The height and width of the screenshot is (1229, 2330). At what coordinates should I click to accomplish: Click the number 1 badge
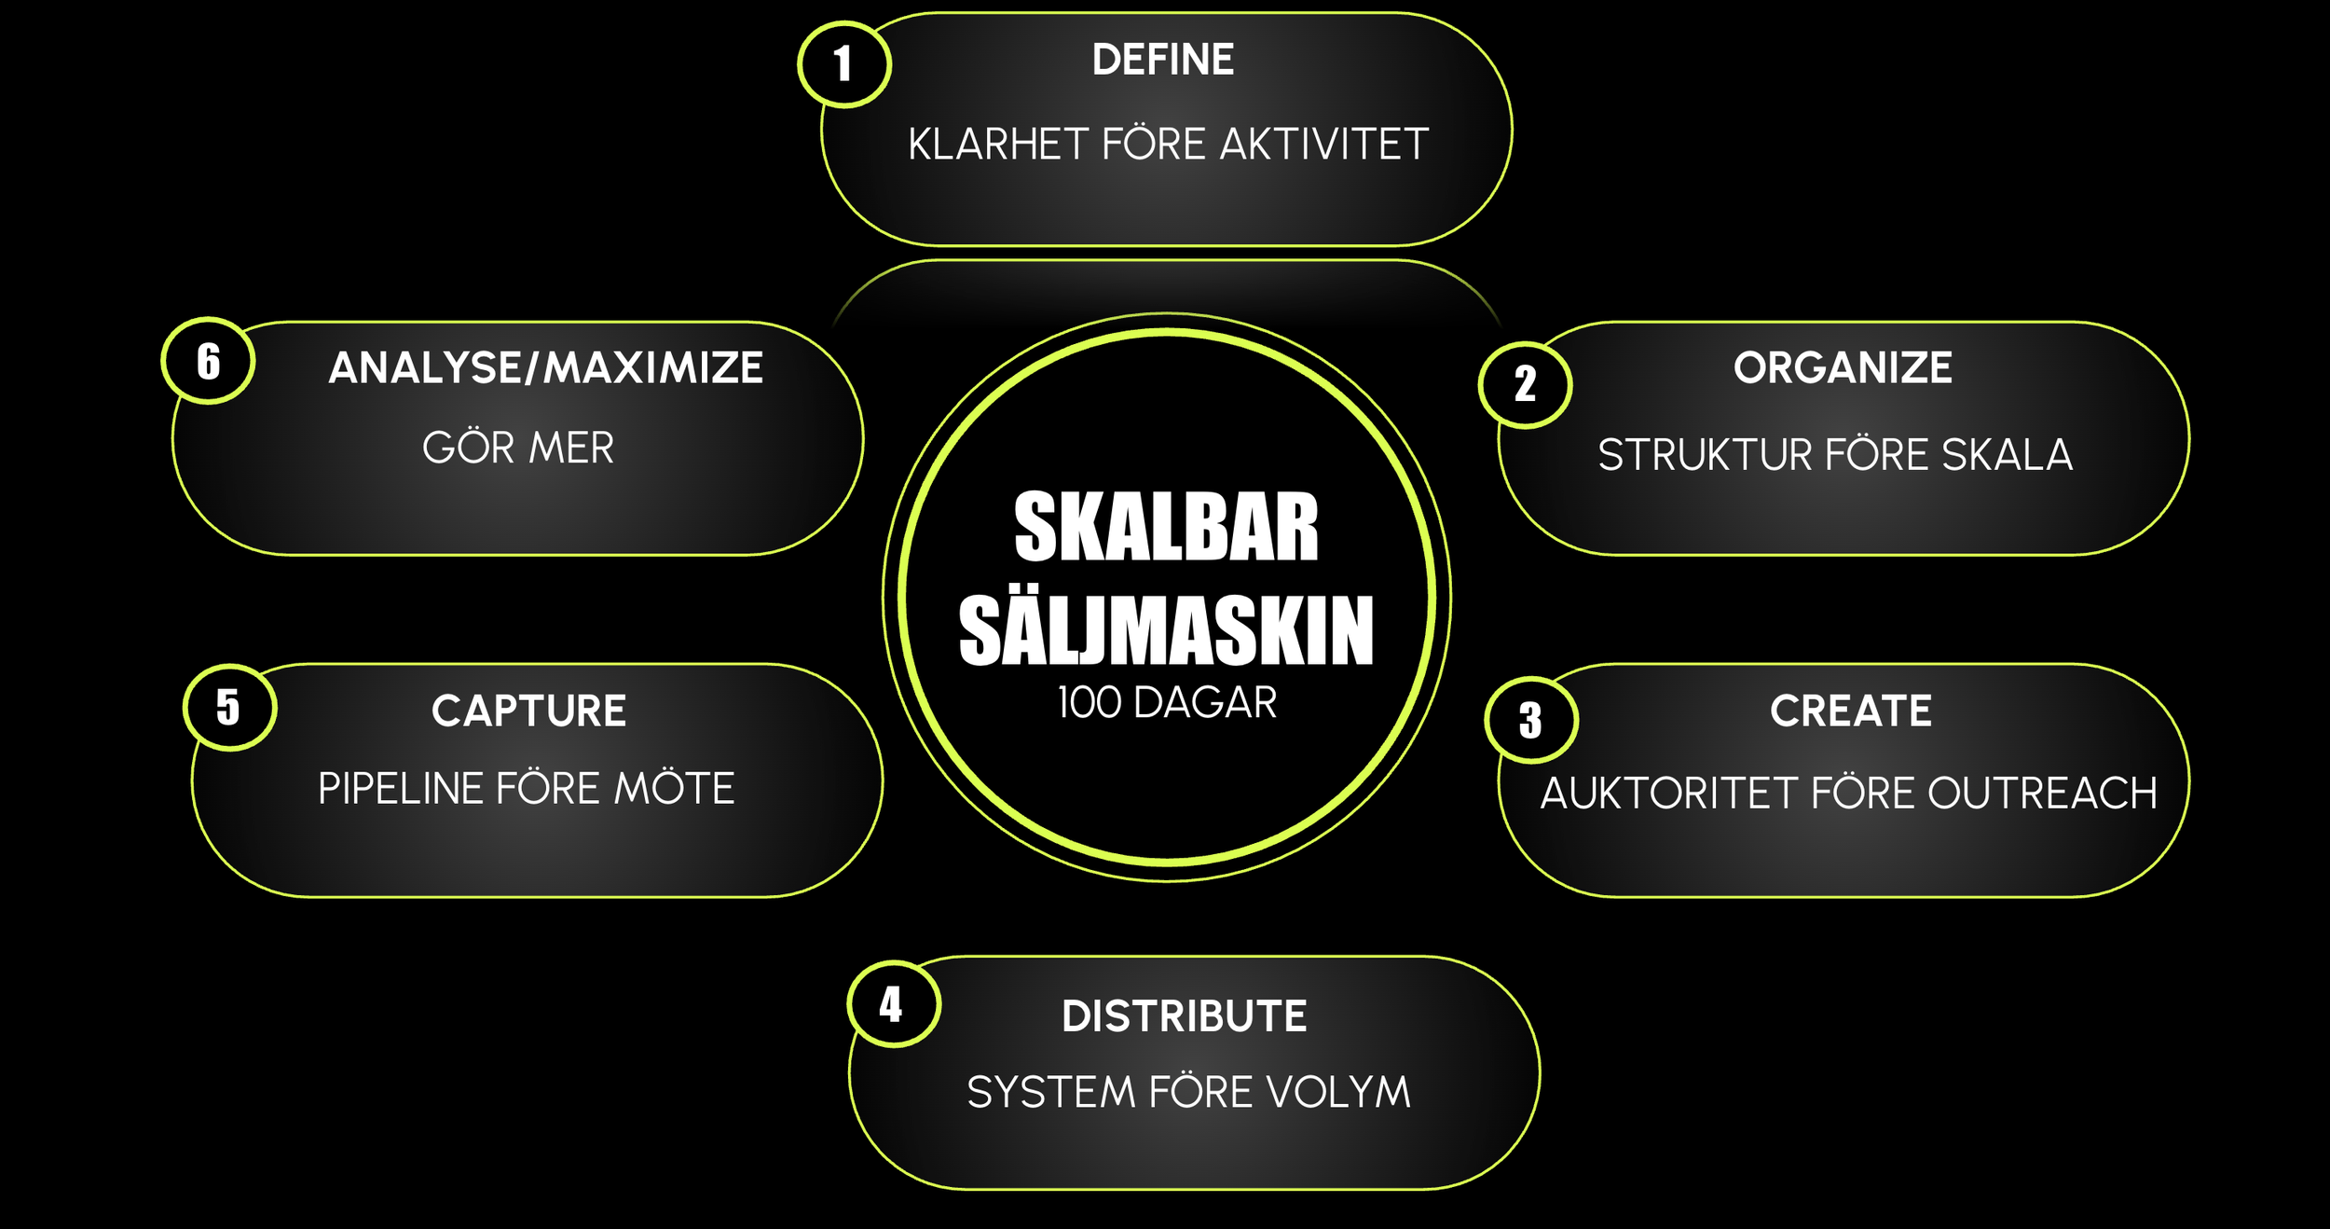point(844,64)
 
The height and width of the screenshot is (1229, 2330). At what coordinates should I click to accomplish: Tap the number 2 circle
point(1525,384)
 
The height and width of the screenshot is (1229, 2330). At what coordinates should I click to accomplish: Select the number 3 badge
point(1530,720)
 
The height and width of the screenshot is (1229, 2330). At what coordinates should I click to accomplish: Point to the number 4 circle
point(893,1004)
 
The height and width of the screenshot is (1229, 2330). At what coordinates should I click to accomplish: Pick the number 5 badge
point(229,707)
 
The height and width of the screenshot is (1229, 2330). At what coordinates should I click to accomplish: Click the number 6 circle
point(208,361)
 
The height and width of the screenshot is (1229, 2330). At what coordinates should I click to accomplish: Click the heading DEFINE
point(1163,60)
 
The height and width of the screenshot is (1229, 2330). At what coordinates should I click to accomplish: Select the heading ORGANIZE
point(1843,367)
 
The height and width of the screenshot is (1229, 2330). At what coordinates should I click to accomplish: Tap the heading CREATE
point(1851,711)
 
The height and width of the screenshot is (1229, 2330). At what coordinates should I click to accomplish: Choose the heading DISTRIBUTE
point(1184,1015)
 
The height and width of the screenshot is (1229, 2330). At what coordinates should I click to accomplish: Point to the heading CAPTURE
point(528,711)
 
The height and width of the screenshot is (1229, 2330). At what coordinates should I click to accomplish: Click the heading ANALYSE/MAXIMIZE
point(546,367)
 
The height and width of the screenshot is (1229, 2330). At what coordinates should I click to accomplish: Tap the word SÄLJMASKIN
point(1166,631)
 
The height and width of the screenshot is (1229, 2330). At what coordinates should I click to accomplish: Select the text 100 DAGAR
point(1167,702)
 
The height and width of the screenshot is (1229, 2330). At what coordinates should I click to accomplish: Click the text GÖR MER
point(518,448)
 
